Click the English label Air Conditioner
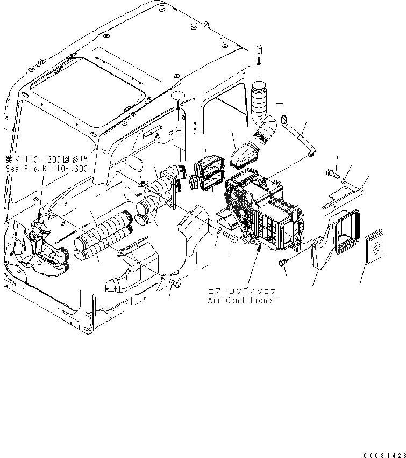pos(242,300)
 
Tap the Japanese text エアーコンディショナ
pos(242,290)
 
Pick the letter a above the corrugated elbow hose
pos(259,48)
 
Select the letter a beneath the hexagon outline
pos(178,130)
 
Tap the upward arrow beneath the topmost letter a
pos(259,68)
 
